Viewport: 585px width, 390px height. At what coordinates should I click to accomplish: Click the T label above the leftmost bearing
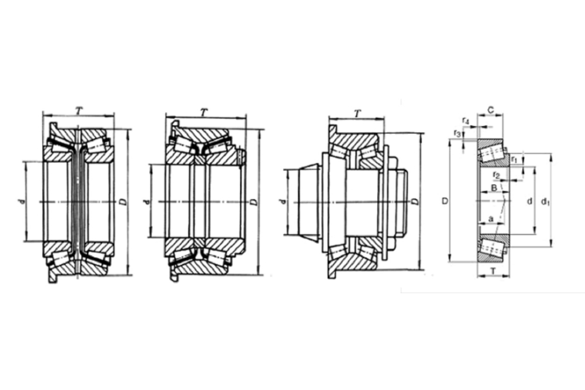[x=78, y=111]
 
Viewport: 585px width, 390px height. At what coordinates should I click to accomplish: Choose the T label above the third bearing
[x=357, y=114]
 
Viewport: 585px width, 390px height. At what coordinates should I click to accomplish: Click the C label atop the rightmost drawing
[x=491, y=110]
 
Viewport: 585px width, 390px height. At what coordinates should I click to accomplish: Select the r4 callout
[x=466, y=120]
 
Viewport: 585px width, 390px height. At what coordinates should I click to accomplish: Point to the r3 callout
[x=457, y=134]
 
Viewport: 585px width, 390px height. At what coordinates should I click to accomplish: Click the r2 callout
[x=496, y=175]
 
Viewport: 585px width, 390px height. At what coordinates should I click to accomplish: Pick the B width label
[x=493, y=187]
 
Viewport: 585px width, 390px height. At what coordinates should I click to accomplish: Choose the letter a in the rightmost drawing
[x=491, y=219]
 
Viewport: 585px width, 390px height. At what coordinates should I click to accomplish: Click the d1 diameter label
[x=545, y=201]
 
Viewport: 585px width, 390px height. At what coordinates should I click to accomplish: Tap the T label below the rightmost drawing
[x=493, y=271]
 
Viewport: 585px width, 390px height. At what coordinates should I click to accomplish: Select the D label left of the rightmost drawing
[x=445, y=201]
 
